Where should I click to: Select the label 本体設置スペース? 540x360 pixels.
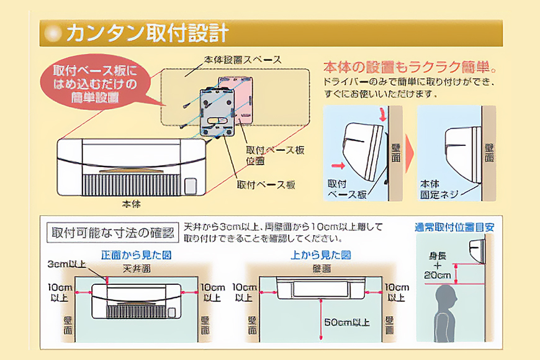point(242,60)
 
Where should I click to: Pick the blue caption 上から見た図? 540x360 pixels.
point(321,254)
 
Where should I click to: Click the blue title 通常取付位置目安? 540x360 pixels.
point(455,227)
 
